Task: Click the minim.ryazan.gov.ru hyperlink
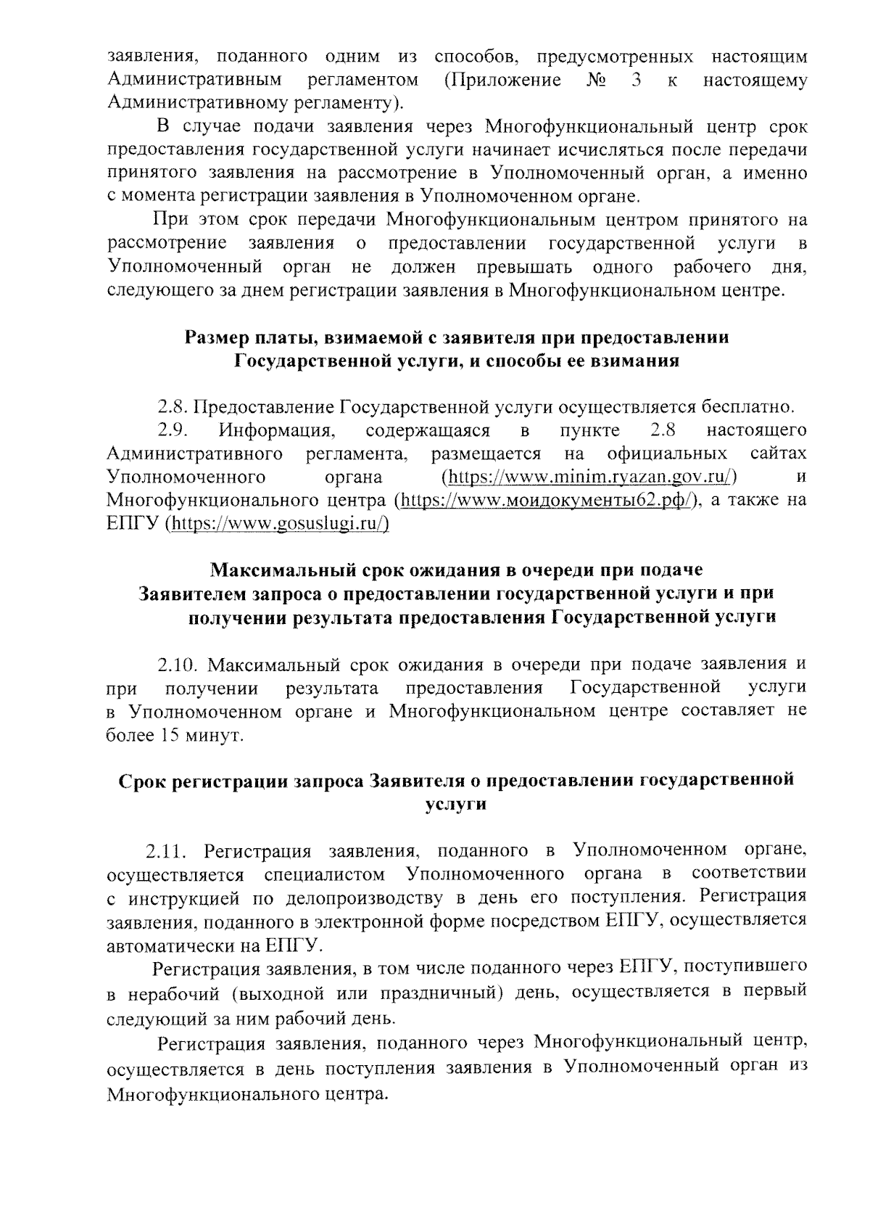589,477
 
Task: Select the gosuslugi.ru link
278,524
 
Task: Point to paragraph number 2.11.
166,850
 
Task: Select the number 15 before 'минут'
164,734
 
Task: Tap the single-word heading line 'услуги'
455,804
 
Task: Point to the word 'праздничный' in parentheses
439,992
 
